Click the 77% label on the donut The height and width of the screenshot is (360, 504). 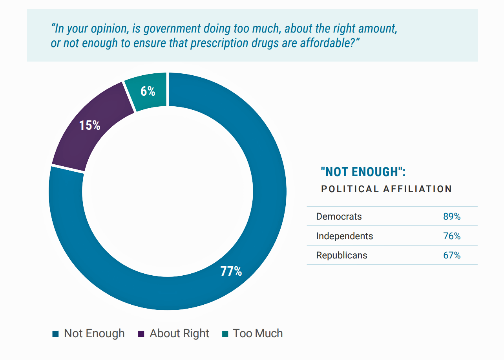click(231, 271)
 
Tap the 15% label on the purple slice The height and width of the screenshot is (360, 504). click(89, 125)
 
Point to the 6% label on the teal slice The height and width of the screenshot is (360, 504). click(148, 91)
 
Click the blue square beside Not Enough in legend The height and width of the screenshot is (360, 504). click(55, 334)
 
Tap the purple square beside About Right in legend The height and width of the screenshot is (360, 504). click(141, 334)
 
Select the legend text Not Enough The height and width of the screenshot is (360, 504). click(94, 333)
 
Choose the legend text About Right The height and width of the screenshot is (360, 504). click(179, 333)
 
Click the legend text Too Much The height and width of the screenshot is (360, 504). click(257, 333)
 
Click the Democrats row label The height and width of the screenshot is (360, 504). click(339, 216)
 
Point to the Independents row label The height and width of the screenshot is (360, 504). click(344, 236)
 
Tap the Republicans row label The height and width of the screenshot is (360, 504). click(341, 255)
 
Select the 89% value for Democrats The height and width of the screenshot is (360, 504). click(451, 216)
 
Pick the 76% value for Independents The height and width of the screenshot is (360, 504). click(451, 236)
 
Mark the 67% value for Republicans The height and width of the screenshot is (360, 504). click(451, 255)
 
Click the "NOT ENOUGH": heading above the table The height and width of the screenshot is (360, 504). click(363, 172)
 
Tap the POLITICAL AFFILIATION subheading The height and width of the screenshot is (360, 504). click(386, 189)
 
